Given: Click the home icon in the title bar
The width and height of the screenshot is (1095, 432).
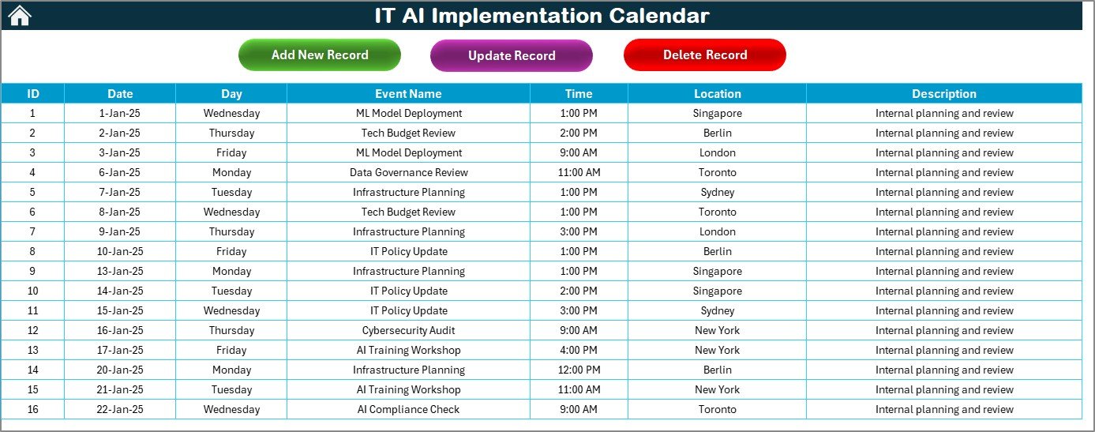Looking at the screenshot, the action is click(x=20, y=15).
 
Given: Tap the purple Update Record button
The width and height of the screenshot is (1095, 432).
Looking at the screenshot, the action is click(x=512, y=55).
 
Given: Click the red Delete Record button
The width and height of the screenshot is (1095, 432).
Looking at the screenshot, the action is click(x=705, y=54).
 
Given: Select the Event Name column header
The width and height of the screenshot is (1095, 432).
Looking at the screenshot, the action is click(x=408, y=93).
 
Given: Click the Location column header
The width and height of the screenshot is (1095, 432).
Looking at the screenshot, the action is click(x=717, y=93).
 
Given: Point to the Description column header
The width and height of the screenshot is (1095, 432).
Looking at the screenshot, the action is click(x=944, y=93).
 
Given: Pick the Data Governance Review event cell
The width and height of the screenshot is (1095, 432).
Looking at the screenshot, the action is click(x=408, y=172).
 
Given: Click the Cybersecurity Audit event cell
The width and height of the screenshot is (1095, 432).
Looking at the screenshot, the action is click(x=408, y=330).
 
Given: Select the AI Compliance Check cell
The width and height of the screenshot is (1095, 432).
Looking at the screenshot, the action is click(x=408, y=409).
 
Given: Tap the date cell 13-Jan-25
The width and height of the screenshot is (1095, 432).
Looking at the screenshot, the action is click(x=120, y=271).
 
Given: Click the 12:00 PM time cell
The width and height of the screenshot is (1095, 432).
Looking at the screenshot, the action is click(x=579, y=370).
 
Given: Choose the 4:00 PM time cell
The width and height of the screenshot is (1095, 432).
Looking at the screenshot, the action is click(x=579, y=350).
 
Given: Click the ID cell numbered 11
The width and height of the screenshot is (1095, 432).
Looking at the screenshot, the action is click(x=32, y=310).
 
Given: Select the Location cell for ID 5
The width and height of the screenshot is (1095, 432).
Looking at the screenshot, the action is click(x=717, y=192).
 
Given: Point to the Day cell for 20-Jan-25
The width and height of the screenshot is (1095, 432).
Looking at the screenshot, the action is click(x=231, y=370).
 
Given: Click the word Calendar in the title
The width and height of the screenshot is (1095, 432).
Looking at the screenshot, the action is click(x=658, y=16).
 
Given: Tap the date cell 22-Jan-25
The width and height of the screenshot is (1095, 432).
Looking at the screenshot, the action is click(x=120, y=409).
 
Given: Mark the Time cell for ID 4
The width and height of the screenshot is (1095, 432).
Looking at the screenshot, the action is click(x=579, y=172).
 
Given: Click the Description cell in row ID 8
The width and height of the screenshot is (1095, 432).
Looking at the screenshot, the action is click(x=944, y=251).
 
